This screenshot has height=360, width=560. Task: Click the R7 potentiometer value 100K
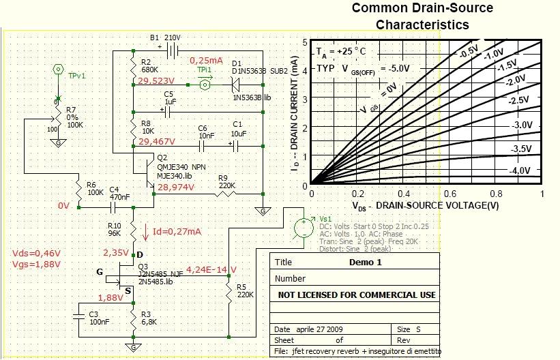(x=74, y=125)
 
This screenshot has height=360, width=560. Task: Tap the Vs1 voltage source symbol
(x=300, y=228)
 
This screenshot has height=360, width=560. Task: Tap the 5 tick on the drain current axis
(x=305, y=42)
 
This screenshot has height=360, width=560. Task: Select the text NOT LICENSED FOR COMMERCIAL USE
(x=357, y=295)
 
